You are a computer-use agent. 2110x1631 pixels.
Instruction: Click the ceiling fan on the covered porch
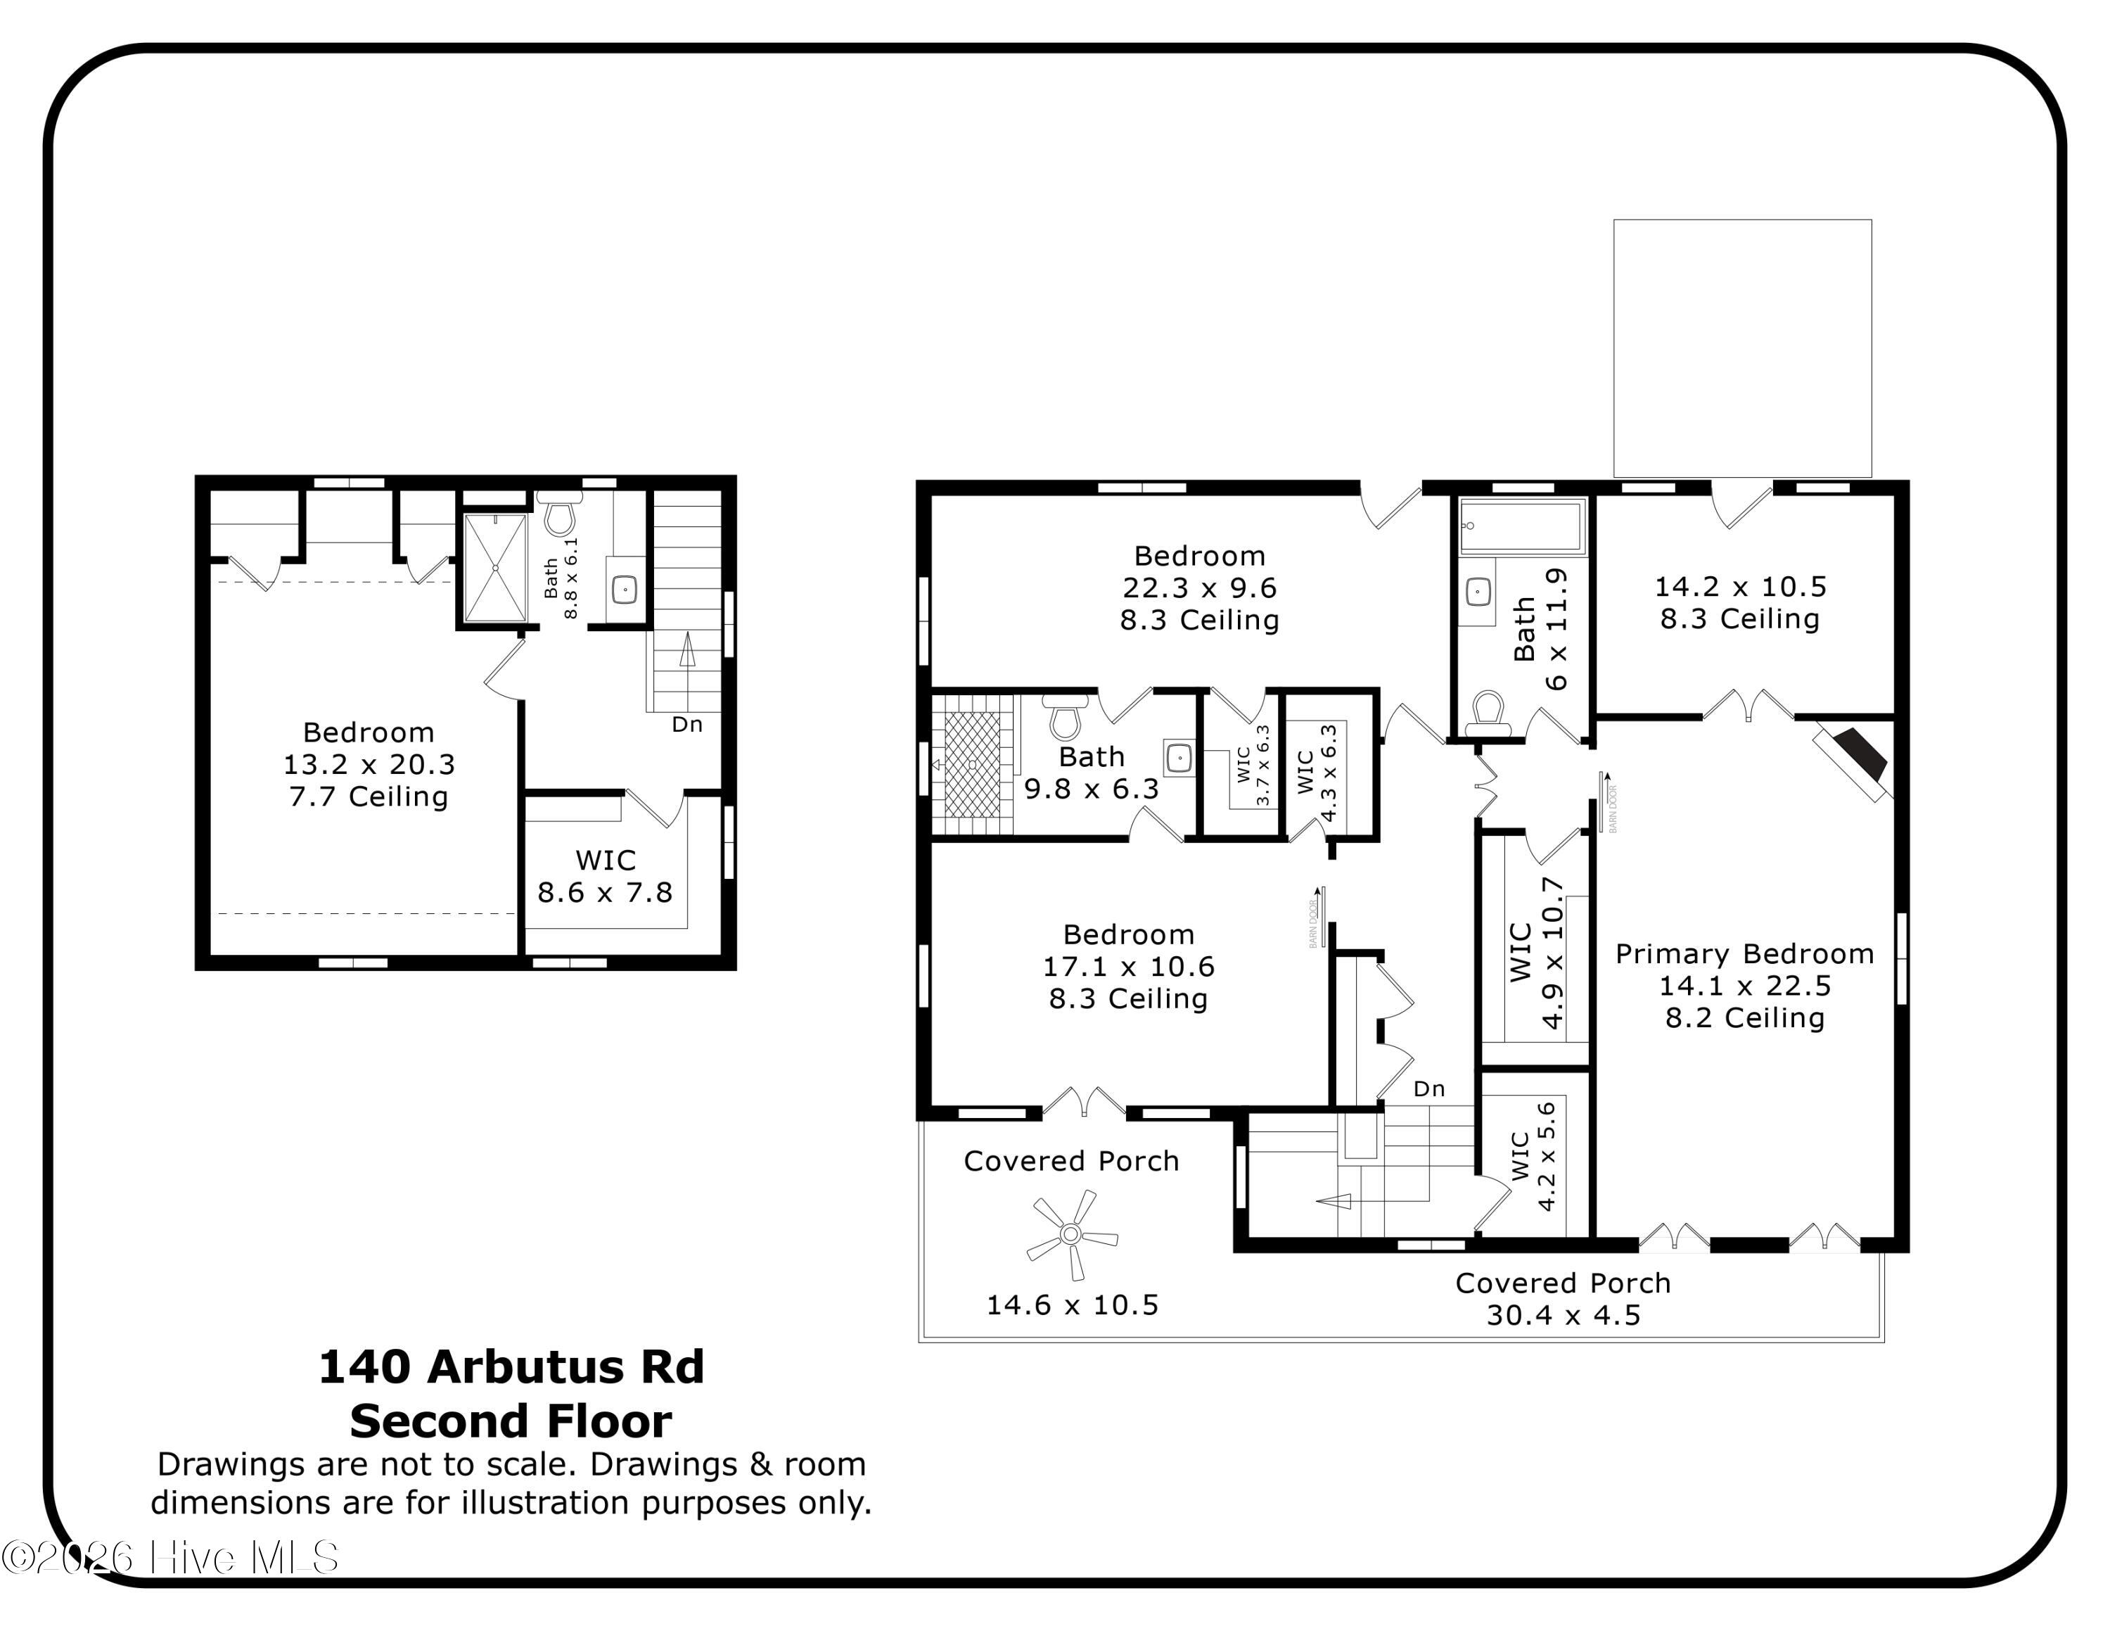1070,1234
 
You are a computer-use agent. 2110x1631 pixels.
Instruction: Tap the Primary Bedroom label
1745,953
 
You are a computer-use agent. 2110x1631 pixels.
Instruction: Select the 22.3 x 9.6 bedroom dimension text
1199,588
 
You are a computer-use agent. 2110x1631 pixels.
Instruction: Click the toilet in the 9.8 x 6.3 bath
1065,716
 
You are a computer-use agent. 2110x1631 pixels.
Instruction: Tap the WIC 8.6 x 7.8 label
605,877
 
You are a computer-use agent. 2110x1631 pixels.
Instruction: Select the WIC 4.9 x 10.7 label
1536,953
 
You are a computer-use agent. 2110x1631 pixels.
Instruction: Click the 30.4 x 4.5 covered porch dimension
1564,1315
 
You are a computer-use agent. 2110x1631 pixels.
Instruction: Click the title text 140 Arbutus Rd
511,1367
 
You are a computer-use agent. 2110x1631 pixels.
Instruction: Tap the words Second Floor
511,1421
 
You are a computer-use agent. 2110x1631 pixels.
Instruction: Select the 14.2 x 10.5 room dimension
1740,587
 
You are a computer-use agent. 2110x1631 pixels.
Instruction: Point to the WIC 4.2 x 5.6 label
1534,1157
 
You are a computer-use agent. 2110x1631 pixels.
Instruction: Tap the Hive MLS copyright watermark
170,1558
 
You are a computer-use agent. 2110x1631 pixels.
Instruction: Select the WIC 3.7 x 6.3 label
1253,766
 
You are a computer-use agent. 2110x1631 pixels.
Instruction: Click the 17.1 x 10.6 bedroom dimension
1128,966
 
